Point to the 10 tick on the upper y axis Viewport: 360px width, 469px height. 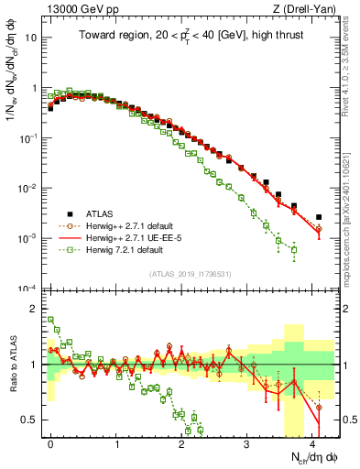tap(31, 39)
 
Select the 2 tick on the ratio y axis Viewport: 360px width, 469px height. tap(35, 309)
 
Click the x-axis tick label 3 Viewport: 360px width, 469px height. tap(246, 442)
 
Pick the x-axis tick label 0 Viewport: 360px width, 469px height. tap(50, 442)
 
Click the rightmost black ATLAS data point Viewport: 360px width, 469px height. tap(319, 217)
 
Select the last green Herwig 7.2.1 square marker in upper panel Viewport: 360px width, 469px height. tap(293, 249)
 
